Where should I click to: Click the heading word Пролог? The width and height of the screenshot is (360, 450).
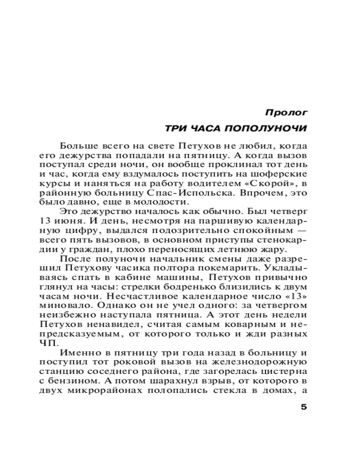click(x=286, y=111)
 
